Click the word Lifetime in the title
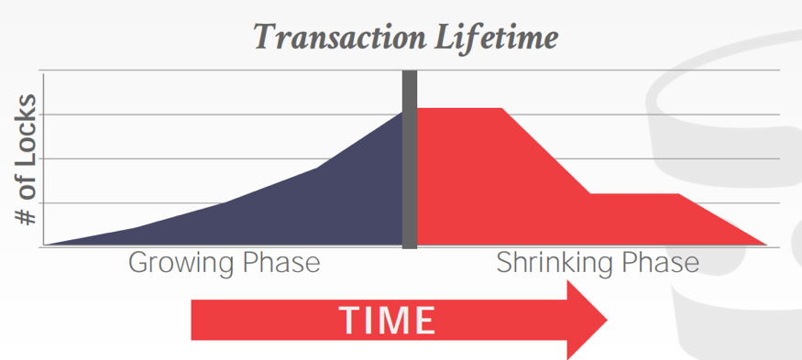click(x=496, y=38)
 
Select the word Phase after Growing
click(x=281, y=263)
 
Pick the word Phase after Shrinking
click(x=660, y=263)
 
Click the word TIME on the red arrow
click(x=387, y=320)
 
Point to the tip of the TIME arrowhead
click(x=607, y=320)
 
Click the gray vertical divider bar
click(x=410, y=159)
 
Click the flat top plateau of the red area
click(x=459, y=109)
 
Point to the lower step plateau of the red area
click(x=634, y=194)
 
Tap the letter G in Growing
click(x=138, y=263)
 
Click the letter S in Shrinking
click(x=505, y=263)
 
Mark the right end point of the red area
click(x=766, y=245)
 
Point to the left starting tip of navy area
click(x=46, y=245)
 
